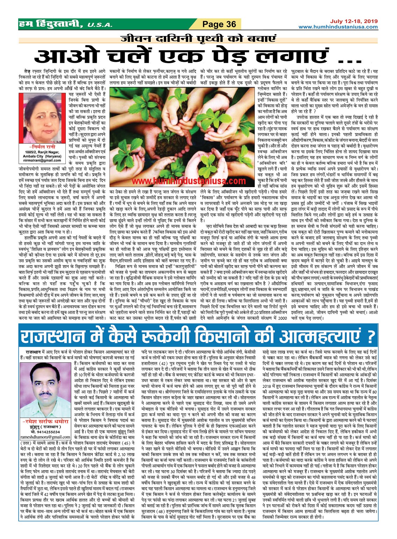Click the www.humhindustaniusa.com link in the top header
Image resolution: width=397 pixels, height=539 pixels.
338,27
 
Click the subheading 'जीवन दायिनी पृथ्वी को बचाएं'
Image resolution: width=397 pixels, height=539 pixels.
198,38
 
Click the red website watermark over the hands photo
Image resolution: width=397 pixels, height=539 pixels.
189,181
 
